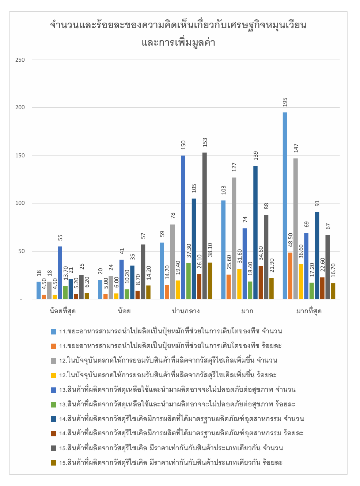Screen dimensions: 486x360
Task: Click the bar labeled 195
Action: tap(285, 206)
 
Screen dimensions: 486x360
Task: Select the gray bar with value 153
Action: tap(205, 226)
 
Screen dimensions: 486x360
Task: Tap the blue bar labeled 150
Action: tap(183, 227)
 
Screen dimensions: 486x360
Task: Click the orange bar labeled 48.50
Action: tap(290, 276)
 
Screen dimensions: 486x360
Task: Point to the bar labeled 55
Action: tap(60, 273)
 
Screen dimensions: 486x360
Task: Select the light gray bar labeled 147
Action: tap(295, 229)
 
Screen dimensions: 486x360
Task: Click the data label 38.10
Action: tap(210, 250)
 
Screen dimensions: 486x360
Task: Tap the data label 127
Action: tap(234, 167)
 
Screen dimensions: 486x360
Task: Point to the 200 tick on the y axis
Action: tap(20, 107)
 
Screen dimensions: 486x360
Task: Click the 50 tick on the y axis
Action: tap(22, 251)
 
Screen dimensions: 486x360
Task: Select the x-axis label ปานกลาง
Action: tap(186, 311)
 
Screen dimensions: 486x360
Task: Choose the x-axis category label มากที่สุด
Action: tap(309, 311)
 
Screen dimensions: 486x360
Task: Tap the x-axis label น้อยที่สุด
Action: tap(62, 311)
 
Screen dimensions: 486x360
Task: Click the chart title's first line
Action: tap(178, 25)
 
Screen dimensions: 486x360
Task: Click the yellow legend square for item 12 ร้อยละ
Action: tap(54, 375)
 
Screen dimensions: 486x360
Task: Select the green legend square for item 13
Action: tap(54, 404)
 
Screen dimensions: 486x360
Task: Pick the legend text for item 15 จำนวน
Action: tap(171, 448)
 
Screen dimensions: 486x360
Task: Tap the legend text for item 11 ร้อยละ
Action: tap(170, 346)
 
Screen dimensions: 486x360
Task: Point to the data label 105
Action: tap(194, 188)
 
